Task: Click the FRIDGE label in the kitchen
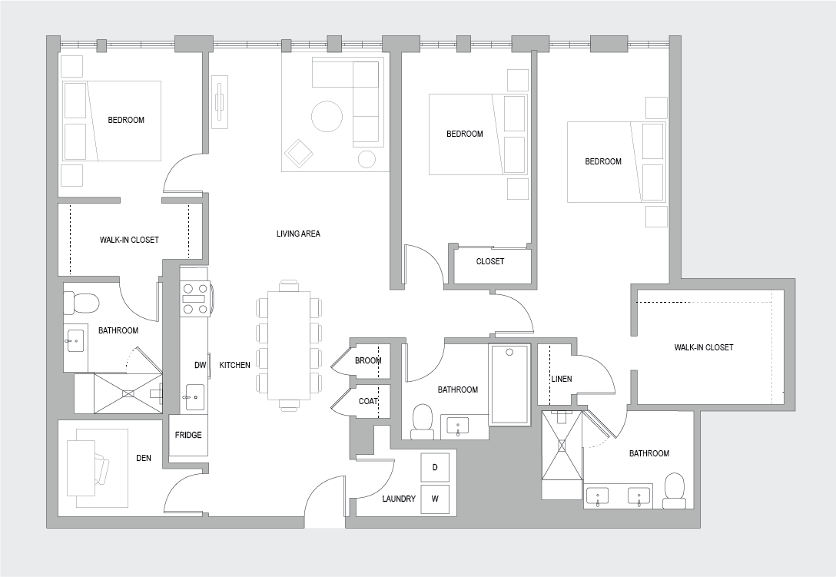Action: point(188,435)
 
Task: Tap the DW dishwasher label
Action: point(200,365)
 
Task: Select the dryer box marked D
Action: point(435,467)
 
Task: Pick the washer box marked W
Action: point(435,499)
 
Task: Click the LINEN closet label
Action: point(562,379)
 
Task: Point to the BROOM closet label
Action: point(368,360)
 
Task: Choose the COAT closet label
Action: point(368,401)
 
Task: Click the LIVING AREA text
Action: point(298,234)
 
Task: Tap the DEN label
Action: point(144,458)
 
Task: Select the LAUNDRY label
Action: point(399,499)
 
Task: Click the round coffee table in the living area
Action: point(327,116)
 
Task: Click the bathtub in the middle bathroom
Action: point(509,384)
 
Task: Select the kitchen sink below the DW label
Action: point(194,396)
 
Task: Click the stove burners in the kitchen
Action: point(194,299)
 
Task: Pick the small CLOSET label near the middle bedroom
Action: point(490,261)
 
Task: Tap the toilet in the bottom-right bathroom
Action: point(675,491)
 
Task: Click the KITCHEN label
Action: point(234,365)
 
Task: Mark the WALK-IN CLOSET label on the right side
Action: point(704,347)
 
